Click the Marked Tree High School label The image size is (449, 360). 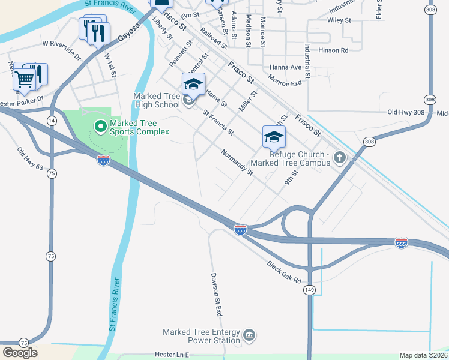tap(156, 100)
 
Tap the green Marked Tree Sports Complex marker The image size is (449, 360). tap(100, 127)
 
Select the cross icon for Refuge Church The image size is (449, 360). tap(340, 158)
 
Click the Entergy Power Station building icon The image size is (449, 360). tap(249, 334)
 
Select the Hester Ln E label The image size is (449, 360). tap(171, 355)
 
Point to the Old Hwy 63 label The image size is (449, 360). tap(30, 159)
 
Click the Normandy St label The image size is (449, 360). tap(237, 163)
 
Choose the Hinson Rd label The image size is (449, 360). tap(333, 51)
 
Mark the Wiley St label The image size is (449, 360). tap(339, 20)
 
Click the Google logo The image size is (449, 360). tap(20, 352)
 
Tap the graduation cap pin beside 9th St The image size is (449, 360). tap(274, 137)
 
